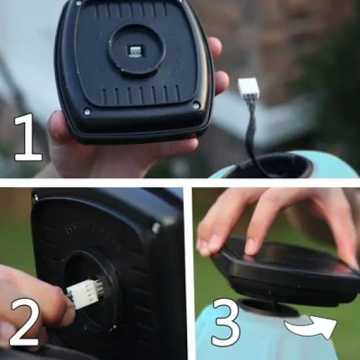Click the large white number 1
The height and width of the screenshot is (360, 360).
tap(28, 137)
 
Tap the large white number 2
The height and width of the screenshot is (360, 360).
tap(25, 322)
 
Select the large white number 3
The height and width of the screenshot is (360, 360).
tap(226, 322)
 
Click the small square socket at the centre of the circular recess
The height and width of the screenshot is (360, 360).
tap(135, 51)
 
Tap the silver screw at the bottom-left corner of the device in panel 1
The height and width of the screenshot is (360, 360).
tap(87, 112)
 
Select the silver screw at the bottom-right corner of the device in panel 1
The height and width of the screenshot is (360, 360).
tap(196, 105)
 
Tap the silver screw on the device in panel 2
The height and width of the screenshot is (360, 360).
tap(156, 228)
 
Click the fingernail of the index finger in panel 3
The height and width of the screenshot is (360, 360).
tap(251, 246)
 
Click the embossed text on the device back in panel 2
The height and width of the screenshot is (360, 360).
tap(92, 234)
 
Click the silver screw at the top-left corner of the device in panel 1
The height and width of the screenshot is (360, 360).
tap(79, 3)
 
